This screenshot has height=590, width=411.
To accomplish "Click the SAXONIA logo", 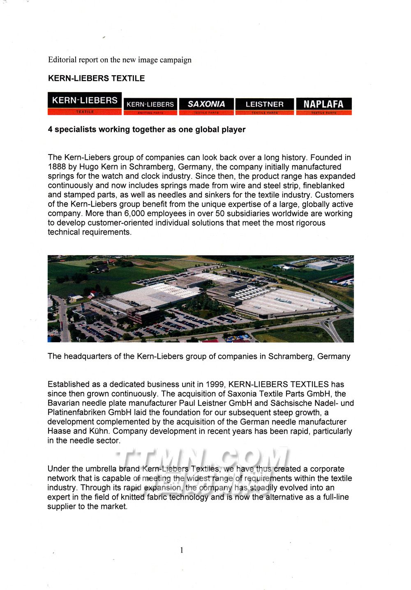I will (x=206, y=106).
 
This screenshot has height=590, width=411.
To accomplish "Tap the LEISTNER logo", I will (x=265, y=106).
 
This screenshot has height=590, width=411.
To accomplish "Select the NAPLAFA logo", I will (x=323, y=106).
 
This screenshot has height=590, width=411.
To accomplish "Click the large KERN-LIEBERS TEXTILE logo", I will (x=85, y=103).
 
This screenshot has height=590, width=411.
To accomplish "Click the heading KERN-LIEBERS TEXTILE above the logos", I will (x=96, y=78).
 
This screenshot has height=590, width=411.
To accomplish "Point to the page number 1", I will (x=182, y=550).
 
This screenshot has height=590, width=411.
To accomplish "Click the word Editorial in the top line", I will (x=62, y=60).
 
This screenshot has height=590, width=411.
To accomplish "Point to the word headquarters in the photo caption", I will (x=94, y=356).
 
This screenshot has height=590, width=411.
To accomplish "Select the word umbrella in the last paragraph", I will (x=101, y=469).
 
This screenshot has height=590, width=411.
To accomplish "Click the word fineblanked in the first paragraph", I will (x=323, y=186).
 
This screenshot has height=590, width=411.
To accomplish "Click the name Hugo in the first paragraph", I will (x=88, y=167).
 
